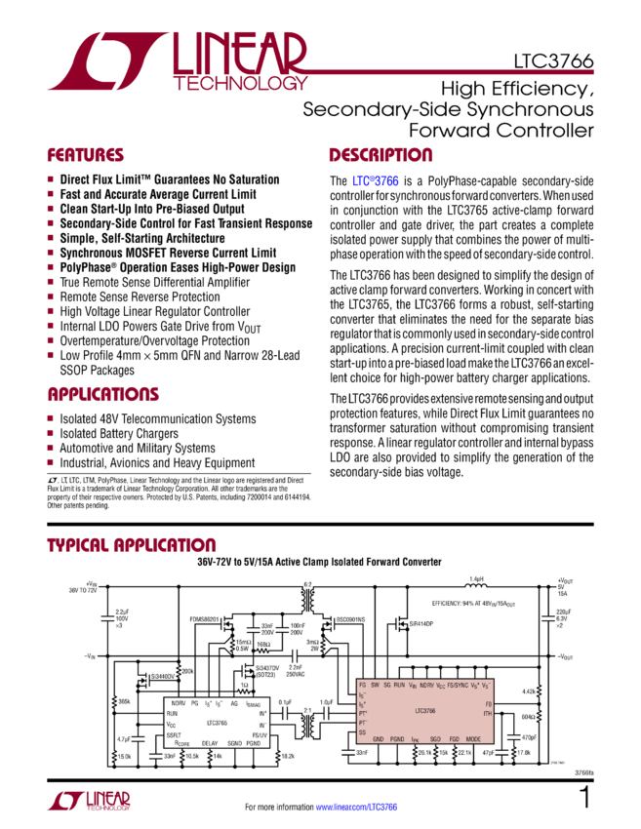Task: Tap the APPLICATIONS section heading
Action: pos(103,395)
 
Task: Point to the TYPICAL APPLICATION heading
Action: pos(132,544)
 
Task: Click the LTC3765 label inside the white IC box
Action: pos(217,723)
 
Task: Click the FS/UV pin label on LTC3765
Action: pos(260,734)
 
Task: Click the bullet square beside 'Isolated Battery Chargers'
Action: pos(51,433)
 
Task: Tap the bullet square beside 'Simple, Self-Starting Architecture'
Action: pos(51,237)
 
